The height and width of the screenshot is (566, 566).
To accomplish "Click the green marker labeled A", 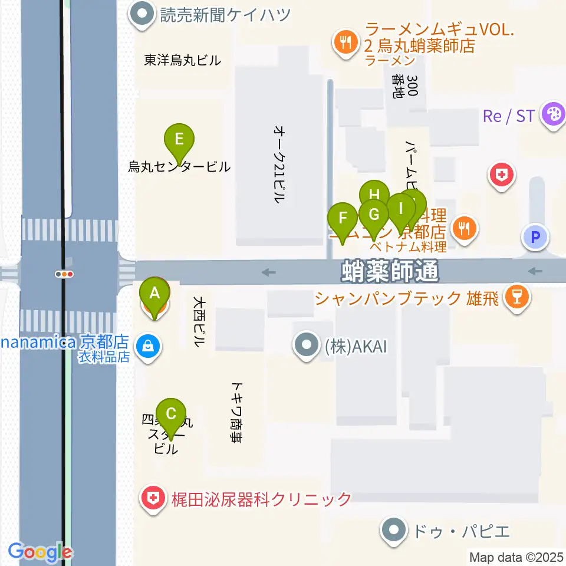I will coord(154,293).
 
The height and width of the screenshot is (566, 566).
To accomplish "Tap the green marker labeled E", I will coord(180,140).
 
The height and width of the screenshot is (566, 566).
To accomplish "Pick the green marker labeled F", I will coord(343,218).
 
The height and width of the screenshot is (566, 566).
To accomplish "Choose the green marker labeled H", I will coord(374,195).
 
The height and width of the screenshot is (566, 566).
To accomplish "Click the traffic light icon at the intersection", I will coord(64,274).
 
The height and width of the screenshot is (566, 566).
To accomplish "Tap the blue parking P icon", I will coord(535,238).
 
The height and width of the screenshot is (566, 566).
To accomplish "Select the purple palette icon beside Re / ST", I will coord(554,114).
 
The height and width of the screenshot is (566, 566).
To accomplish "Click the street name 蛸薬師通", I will coord(390,272).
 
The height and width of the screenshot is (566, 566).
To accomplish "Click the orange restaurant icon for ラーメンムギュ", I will coord(344,42).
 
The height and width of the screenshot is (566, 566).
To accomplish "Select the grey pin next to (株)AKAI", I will coord(307,346).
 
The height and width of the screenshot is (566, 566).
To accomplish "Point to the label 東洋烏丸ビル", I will coord(182,60).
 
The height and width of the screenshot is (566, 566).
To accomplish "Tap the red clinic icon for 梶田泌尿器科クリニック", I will coord(153,499).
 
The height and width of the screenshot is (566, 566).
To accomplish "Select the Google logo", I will coord(40,552).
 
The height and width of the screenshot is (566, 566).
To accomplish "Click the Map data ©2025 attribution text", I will coord(515,556).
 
